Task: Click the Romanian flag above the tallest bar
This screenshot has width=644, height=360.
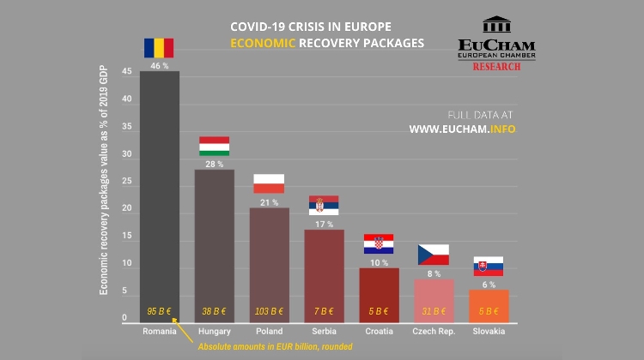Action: (x=159, y=48)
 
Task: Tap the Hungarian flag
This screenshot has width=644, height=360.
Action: (x=214, y=146)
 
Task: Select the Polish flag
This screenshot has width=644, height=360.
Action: (x=269, y=183)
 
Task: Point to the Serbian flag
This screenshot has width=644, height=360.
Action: (x=324, y=205)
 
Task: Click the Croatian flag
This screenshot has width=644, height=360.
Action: (x=379, y=244)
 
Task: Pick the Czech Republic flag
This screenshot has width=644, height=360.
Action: (x=434, y=255)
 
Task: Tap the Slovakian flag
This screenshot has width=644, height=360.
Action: (x=489, y=266)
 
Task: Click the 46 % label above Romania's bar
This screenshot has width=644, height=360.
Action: (x=159, y=66)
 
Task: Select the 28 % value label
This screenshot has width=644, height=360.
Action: (x=214, y=164)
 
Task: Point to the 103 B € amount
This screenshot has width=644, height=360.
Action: (x=269, y=311)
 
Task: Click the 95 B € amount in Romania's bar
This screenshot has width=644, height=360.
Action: (x=159, y=311)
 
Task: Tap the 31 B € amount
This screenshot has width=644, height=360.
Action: (x=434, y=311)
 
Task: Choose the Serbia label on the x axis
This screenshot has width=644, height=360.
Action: (x=324, y=331)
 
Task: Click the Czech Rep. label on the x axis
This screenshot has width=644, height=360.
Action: (x=434, y=331)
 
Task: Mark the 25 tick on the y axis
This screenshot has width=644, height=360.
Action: (x=126, y=182)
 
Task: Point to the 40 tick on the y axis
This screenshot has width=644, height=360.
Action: (x=126, y=99)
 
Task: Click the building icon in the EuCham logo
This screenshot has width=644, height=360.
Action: (x=496, y=25)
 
